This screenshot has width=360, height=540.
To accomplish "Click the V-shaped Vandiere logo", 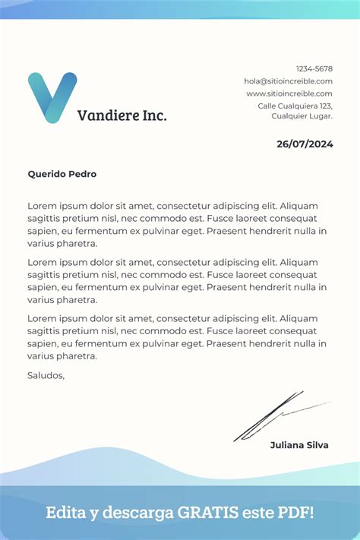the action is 52,97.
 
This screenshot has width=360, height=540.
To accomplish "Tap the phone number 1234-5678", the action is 314,68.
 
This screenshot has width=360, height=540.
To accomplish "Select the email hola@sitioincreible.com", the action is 288,81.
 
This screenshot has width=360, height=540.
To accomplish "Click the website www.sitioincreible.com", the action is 289,93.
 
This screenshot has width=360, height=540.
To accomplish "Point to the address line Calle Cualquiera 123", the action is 295,106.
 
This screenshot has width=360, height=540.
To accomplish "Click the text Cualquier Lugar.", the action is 302,116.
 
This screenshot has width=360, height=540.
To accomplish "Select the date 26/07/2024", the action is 305,144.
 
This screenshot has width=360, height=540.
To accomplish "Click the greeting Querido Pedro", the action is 62,174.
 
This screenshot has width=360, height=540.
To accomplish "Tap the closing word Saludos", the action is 46,374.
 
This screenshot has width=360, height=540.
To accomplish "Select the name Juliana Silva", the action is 299,445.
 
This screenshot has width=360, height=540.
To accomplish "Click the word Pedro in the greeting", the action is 82,174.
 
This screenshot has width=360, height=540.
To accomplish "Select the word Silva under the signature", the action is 316,445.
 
